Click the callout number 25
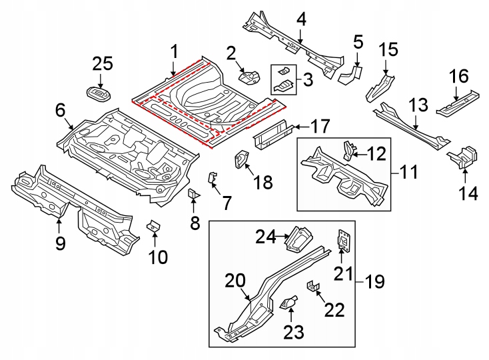(103, 65)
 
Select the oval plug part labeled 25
(100, 93)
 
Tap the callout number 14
(468, 193)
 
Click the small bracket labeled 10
(154, 227)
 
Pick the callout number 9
(60, 244)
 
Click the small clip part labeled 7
(213, 178)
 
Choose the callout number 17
(320, 125)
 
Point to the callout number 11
(408, 173)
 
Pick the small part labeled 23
(290, 303)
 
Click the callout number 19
(374, 282)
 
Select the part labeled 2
(250, 77)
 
